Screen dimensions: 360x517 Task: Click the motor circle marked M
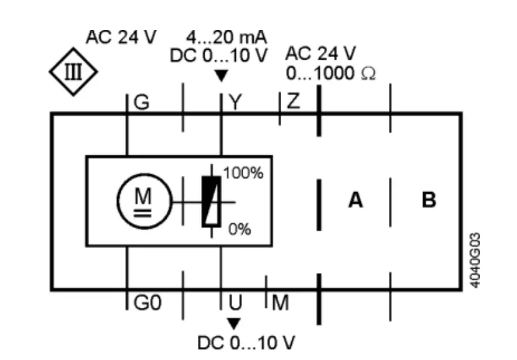tap(143, 201)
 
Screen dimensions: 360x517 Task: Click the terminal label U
tap(235, 303)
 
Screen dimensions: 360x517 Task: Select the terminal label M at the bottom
tap(281, 303)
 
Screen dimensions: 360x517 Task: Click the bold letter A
tap(355, 201)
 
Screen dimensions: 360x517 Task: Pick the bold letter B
tap(429, 201)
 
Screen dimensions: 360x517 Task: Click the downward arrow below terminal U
tap(234, 324)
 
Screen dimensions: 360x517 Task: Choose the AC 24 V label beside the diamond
tap(121, 37)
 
